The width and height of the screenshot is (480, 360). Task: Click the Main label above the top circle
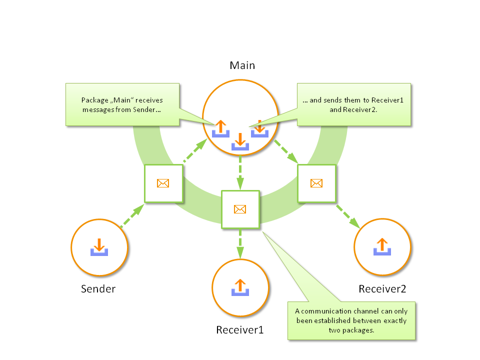point(242,65)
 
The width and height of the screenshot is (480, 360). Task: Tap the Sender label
point(98,289)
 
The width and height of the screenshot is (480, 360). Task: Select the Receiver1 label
point(239,330)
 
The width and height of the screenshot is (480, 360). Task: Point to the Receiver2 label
point(382,289)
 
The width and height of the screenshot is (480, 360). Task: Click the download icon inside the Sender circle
point(99,247)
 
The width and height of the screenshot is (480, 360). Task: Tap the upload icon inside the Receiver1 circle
point(240,287)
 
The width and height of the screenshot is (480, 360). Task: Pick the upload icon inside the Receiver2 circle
point(382,246)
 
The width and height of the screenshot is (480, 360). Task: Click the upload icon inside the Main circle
point(220,128)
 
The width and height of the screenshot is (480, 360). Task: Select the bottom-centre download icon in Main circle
point(240,141)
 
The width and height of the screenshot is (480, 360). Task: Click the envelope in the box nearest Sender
point(163,183)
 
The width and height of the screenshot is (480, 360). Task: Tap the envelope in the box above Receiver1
point(240,209)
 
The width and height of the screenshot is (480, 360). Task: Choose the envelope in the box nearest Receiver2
point(316,183)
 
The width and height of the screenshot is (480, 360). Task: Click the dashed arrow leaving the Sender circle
point(132,216)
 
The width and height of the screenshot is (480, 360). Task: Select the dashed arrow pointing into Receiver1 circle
point(240,243)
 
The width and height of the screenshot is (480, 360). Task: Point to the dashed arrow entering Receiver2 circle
point(348,216)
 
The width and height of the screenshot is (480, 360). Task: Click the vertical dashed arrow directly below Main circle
point(240,172)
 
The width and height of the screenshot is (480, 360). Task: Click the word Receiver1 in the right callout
point(387,100)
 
